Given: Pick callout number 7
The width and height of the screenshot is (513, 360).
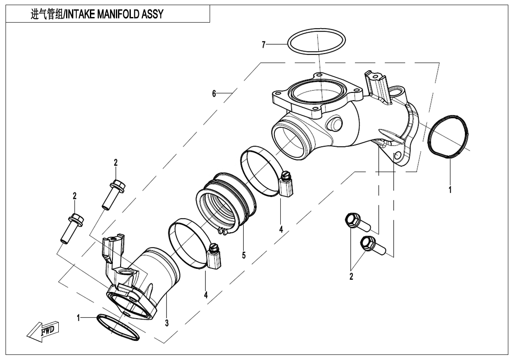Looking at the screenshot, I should click(264, 44).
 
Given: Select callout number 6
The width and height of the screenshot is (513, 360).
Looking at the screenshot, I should click(214, 93).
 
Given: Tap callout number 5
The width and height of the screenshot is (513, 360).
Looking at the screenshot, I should click(244, 255).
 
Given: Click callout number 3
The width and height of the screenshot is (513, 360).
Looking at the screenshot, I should click(167, 323).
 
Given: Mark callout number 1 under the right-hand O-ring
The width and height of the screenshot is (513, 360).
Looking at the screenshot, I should click(450, 188).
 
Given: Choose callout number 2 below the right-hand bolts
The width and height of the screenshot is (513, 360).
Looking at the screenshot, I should click(351, 277).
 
